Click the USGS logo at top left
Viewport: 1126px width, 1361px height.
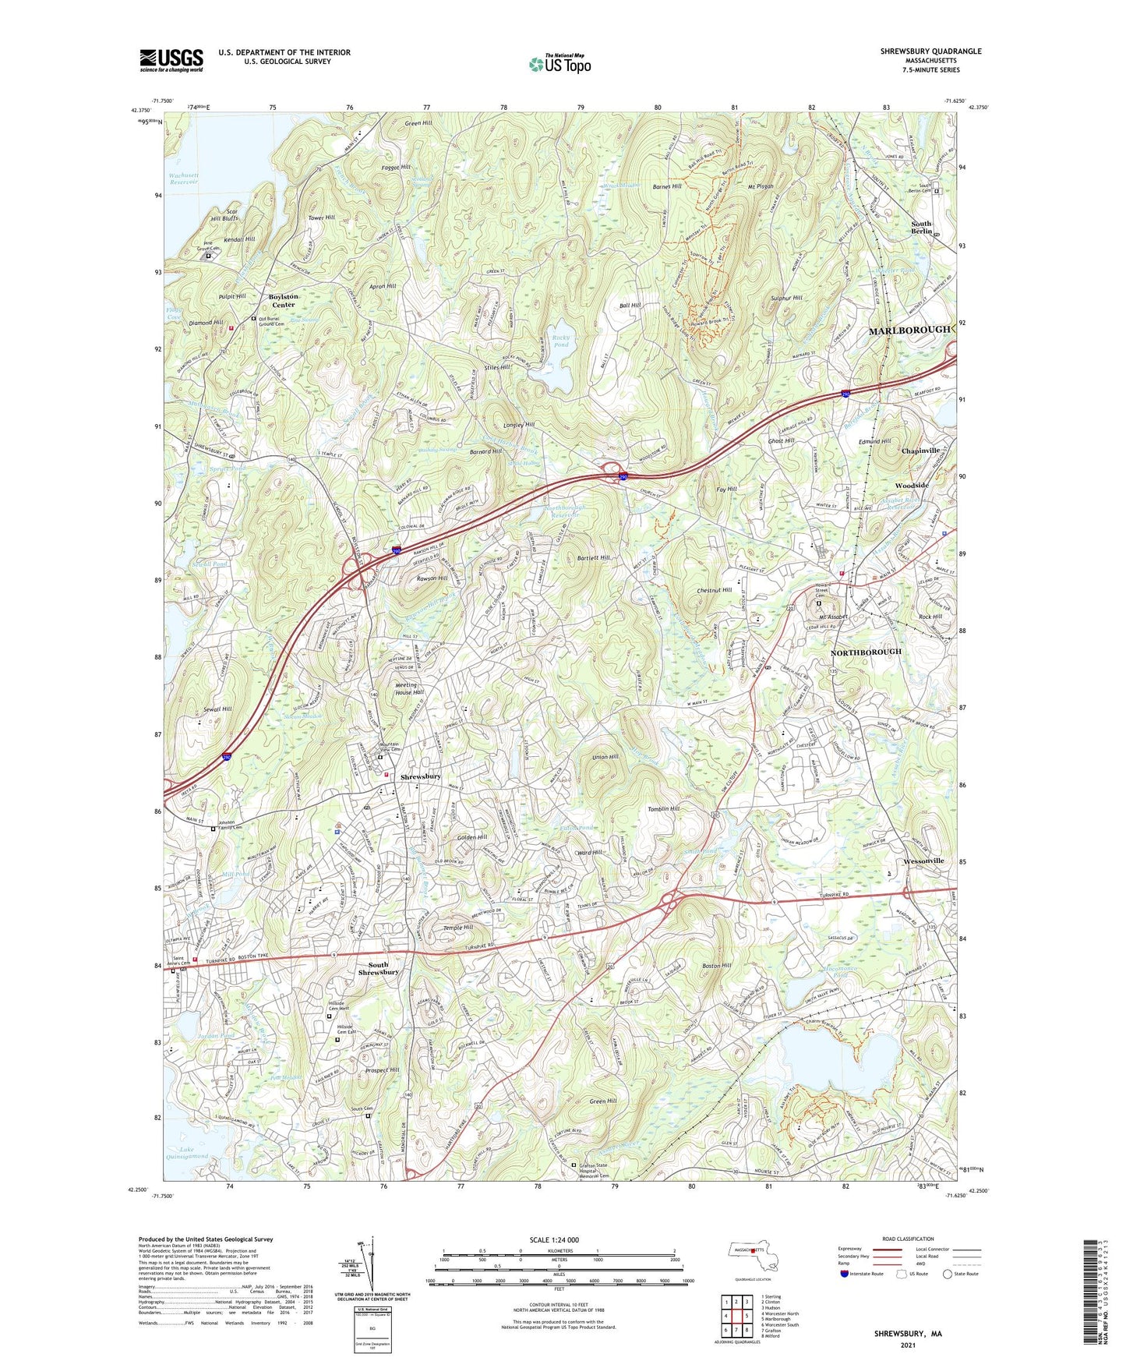(171, 59)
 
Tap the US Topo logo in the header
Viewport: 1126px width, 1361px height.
(559, 64)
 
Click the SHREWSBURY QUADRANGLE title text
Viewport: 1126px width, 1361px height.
(930, 51)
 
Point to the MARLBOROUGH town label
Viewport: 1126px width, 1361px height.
(909, 330)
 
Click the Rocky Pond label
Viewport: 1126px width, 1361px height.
(561, 340)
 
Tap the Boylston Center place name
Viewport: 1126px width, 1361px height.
(283, 301)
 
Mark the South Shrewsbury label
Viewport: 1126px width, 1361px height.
(378, 968)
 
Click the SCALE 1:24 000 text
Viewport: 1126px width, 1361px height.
(553, 1239)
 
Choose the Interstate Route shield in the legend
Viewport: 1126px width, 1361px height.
(845, 1274)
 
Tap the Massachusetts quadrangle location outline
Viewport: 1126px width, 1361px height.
(752, 1256)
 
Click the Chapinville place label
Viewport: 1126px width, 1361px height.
(920, 451)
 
